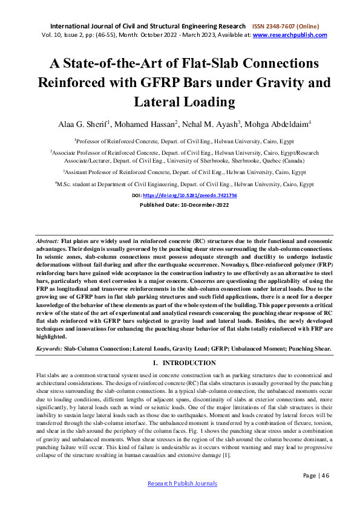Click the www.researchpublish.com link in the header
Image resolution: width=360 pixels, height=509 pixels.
pos(290,35)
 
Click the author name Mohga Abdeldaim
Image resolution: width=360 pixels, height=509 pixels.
pos(276,125)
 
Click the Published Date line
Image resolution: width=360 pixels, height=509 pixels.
pos(180,205)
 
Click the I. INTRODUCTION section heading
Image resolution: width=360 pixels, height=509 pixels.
pos(180,363)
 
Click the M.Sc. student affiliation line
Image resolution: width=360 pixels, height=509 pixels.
pos(184,183)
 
